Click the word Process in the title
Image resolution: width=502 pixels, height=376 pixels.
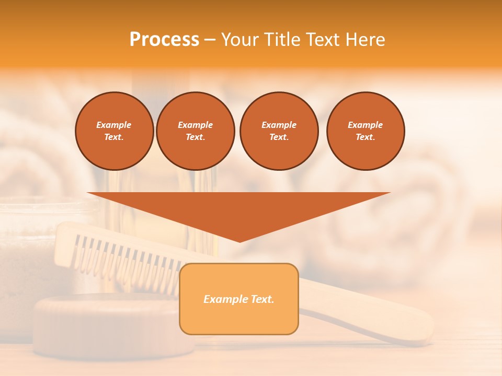[164, 40]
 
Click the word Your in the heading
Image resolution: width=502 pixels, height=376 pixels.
[239, 40]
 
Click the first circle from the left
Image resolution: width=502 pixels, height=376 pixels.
[115, 131]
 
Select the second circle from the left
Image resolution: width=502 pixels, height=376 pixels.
[196, 131]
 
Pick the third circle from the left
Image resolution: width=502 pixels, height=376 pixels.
[279, 131]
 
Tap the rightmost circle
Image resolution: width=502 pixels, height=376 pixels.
[366, 131]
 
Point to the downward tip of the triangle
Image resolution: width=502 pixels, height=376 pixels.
[239, 241]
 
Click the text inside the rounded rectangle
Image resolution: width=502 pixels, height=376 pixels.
[239, 299]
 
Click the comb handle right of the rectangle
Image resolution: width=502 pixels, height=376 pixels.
[366, 313]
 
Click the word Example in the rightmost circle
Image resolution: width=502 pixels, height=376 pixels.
[366, 125]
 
